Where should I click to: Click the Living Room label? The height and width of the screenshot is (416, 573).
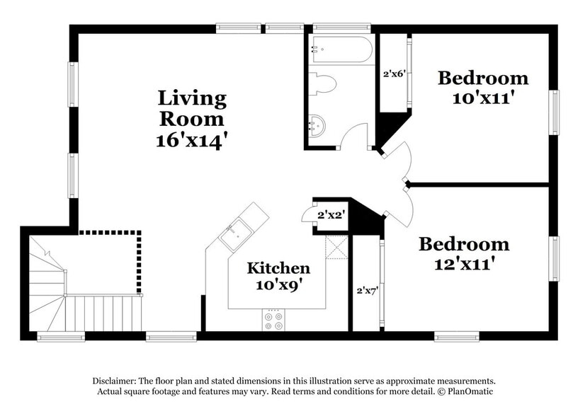pyautogui.click(x=192, y=108)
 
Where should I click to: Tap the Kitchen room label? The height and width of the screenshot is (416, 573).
pyautogui.click(x=278, y=268)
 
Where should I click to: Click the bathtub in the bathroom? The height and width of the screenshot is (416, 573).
pyautogui.click(x=341, y=50)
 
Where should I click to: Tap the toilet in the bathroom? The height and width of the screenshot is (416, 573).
pyautogui.click(x=322, y=84)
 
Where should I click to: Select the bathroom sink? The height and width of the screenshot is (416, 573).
pyautogui.click(x=317, y=126)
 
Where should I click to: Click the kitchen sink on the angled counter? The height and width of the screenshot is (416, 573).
pyautogui.click(x=234, y=234)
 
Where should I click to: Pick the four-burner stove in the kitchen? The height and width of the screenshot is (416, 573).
pyautogui.click(x=273, y=320)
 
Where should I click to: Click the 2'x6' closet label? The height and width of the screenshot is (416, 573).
pyautogui.click(x=395, y=74)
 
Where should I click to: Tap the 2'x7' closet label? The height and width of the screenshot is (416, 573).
pyautogui.click(x=367, y=291)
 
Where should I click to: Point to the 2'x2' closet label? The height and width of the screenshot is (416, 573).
pyautogui.click(x=331, y=215)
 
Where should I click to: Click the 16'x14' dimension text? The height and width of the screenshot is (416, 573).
pyautogui.click(x=189, y=141)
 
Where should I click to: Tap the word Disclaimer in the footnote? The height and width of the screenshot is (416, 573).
pyautogui.click(x=113, y=381)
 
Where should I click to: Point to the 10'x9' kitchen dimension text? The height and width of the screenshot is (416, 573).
pyautogui.click(x=279, y=285)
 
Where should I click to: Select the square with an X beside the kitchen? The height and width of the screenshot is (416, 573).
pyautogui.click(x=336, y=248)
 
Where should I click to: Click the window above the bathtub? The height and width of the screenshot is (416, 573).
pyautogui.click(x=342, y=28)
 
